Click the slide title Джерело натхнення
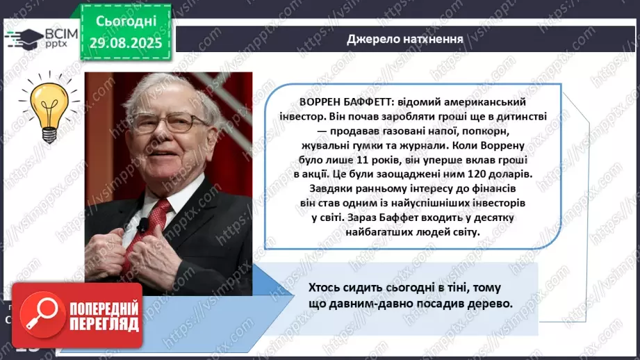point(405,38)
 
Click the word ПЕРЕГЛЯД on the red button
point(104,325)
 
